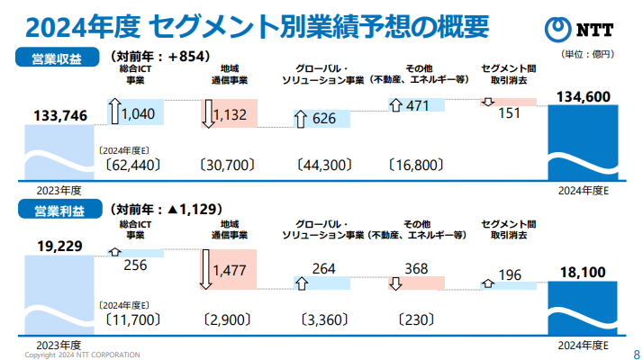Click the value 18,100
click(x=584, y=272)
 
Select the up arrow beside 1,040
click(x=114, y=112)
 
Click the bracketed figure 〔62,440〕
click(x=132, y=165)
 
